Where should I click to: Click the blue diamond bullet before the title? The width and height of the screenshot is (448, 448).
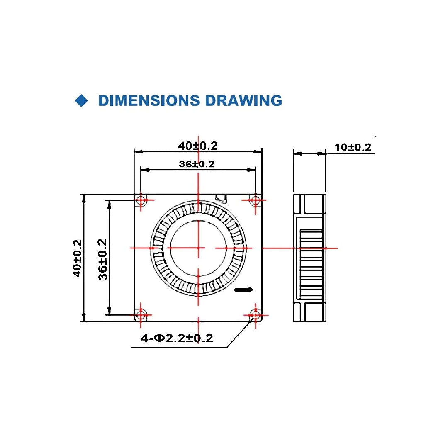(82, 101)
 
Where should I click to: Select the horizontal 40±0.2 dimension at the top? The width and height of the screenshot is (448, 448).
(197, 146)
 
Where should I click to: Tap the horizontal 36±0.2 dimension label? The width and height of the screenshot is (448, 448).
(197, 164)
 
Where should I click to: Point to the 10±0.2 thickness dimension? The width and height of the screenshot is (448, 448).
(353, 147)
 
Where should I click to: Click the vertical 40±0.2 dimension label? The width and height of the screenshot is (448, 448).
(77, 258)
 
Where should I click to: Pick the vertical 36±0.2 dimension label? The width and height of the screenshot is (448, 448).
(102, 259)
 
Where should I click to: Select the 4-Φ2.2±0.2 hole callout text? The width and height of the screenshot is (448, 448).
(177, 338)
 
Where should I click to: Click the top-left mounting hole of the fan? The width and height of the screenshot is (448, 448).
(141, 201)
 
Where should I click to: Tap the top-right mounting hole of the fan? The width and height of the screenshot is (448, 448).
(255, 201)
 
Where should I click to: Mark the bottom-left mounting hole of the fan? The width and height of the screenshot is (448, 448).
(141, 315)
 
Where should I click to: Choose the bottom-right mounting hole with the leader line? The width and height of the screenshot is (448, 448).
(255, 315)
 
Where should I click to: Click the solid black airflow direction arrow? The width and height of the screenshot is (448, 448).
(243, 290)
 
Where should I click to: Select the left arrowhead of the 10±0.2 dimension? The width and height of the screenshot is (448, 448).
(298, 153)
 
